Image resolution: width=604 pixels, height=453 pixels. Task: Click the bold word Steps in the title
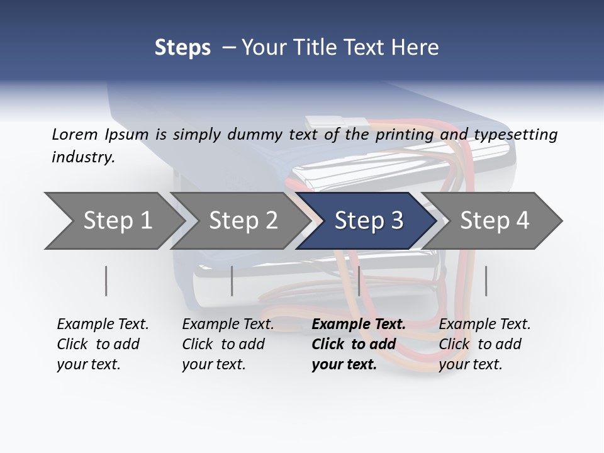coord(182,48)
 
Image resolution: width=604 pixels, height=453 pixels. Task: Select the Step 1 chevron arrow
coord(115,221)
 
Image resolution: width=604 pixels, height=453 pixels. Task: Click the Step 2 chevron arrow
coord(240,221)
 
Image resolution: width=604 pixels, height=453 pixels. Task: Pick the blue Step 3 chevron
coord(366,221)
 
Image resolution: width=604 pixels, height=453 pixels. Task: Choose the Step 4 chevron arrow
coord(492,221)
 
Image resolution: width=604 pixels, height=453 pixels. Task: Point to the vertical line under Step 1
coord(106,281)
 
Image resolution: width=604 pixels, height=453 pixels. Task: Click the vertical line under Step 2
coord(232,281)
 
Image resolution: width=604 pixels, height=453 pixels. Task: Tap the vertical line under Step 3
coord(359,281)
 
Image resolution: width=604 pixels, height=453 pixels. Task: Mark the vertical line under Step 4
coord(486,281)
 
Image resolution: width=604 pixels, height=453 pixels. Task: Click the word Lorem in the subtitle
coord(75,135)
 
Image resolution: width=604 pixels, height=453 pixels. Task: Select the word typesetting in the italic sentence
coord(516,135)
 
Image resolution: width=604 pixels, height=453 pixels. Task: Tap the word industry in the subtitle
coord(82,157)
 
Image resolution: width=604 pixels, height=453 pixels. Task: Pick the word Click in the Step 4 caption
coord(454,344)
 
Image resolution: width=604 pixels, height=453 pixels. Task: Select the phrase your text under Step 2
coord(214,364)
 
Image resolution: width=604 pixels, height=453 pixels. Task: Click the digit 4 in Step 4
coord(523,220)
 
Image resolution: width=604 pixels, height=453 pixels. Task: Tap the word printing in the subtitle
coord(405,135)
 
